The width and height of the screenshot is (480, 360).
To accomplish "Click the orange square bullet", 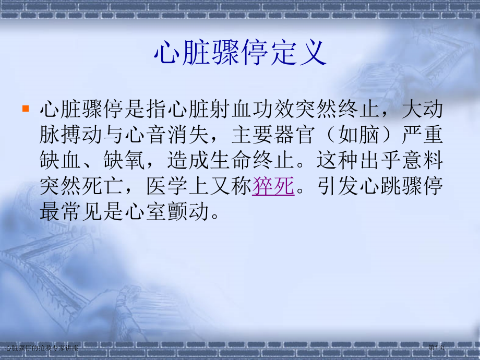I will coord(25,110).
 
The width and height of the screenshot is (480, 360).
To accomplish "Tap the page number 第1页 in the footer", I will coord(437,346).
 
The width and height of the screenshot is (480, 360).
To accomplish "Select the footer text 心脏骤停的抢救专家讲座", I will coord(41,347).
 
